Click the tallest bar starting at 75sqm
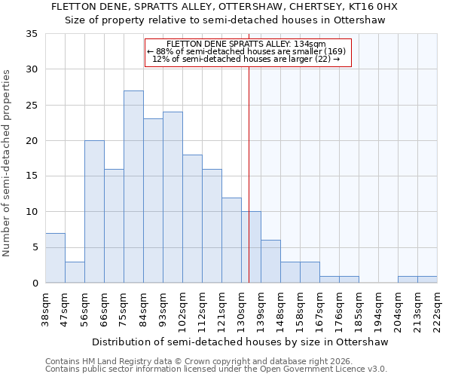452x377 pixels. (133, 187)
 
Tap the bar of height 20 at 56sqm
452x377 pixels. (94, 212)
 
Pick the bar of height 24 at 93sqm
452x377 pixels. (173, 198)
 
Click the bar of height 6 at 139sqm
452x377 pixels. (270, 262)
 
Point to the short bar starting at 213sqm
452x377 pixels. (427, 280)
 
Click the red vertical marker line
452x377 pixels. (249, 173)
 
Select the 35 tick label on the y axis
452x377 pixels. (31, 34)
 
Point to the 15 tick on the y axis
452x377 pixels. (31, 176)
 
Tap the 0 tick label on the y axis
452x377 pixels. (34, 284)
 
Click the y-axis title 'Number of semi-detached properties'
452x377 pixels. (8, 162)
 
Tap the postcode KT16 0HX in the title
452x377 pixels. (372, 7)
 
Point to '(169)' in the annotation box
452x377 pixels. (331, 51)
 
